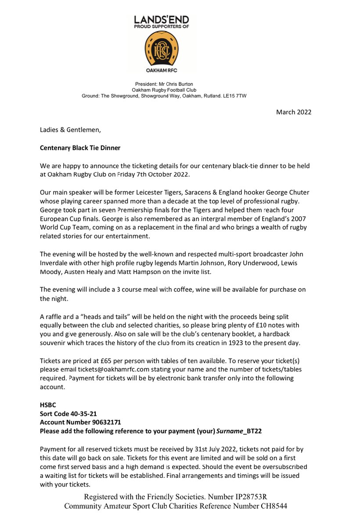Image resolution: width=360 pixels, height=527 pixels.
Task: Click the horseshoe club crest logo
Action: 161,48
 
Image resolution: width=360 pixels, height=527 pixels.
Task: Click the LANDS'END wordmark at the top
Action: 161,20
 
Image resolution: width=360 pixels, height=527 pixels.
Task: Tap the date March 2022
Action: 293,112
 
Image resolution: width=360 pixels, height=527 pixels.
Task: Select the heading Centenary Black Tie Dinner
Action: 80,148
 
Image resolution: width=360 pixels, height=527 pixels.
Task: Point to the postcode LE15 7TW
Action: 235,95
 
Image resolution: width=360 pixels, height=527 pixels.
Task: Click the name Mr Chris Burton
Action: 174,84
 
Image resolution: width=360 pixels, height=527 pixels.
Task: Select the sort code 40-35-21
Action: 84,414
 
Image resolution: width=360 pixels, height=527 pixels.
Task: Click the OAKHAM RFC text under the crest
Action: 161,70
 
